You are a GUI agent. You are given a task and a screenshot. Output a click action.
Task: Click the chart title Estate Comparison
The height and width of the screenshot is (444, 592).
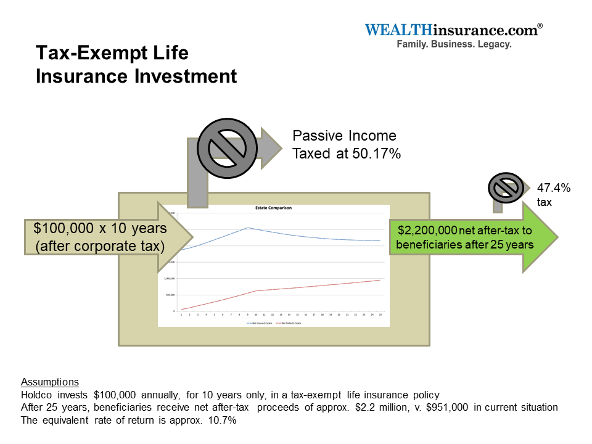[x=273, y=208]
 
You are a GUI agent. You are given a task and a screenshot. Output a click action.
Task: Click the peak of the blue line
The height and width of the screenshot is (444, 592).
[x=247, y=228]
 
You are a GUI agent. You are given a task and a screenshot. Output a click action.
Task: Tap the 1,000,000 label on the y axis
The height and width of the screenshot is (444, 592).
[x=168, y=278]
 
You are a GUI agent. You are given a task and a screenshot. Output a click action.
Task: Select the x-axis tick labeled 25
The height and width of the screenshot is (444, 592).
[x=380, y=314]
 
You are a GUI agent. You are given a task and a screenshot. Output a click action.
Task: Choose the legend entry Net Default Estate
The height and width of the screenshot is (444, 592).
[x=290, y=323]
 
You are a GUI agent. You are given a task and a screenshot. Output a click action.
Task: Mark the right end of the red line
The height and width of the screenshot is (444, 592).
[x=380, y=280]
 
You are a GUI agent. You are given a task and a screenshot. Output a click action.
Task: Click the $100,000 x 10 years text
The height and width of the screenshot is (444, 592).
[x=100, y=228]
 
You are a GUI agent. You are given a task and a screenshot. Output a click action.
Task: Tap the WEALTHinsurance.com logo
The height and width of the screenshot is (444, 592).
[x=453, y=30]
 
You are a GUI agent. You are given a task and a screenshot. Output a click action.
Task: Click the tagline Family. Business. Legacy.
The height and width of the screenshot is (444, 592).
[x=454, y=45]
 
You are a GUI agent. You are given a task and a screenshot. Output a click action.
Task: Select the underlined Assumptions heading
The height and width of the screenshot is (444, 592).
[x=50, y=382]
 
